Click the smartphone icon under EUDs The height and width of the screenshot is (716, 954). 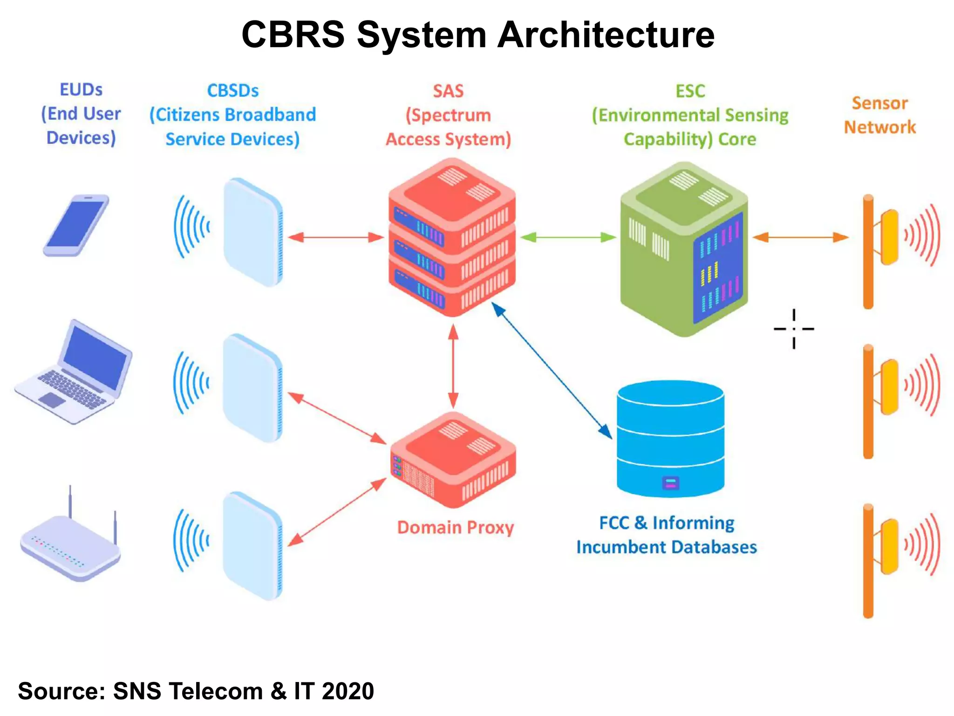point(76,225)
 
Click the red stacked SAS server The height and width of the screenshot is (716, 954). point(452,238)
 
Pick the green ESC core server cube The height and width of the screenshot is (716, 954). point(684,249)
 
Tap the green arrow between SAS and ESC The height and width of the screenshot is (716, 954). point(568,238)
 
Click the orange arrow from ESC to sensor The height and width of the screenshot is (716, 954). point(800,237)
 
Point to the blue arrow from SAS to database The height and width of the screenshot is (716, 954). point(552,371)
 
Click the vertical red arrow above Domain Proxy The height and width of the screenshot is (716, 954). point(453,366)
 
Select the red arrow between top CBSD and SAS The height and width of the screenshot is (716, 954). point(336,238)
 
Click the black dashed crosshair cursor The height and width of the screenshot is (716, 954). point(794,329)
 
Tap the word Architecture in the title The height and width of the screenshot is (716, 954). point(606,35)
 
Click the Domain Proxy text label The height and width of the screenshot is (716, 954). point(455,528)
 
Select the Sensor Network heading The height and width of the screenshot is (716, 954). point(879,115)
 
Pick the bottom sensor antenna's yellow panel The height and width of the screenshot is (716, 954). point(890,546)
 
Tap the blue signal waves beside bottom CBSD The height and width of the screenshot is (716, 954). point(191,541)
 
